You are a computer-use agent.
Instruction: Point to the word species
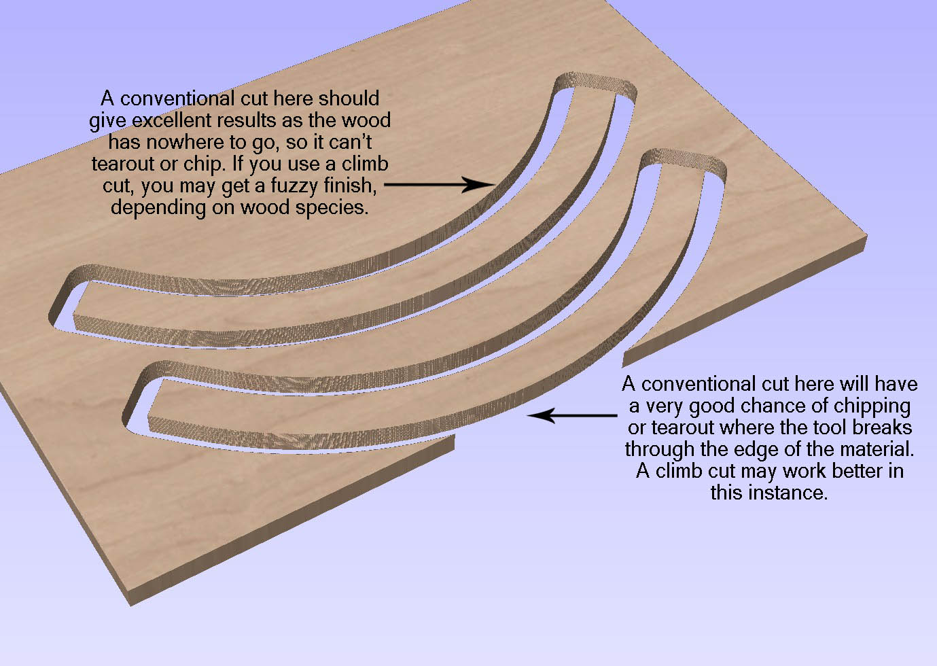332,207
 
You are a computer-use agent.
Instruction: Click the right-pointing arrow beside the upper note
438,184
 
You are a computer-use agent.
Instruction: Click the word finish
351,186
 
